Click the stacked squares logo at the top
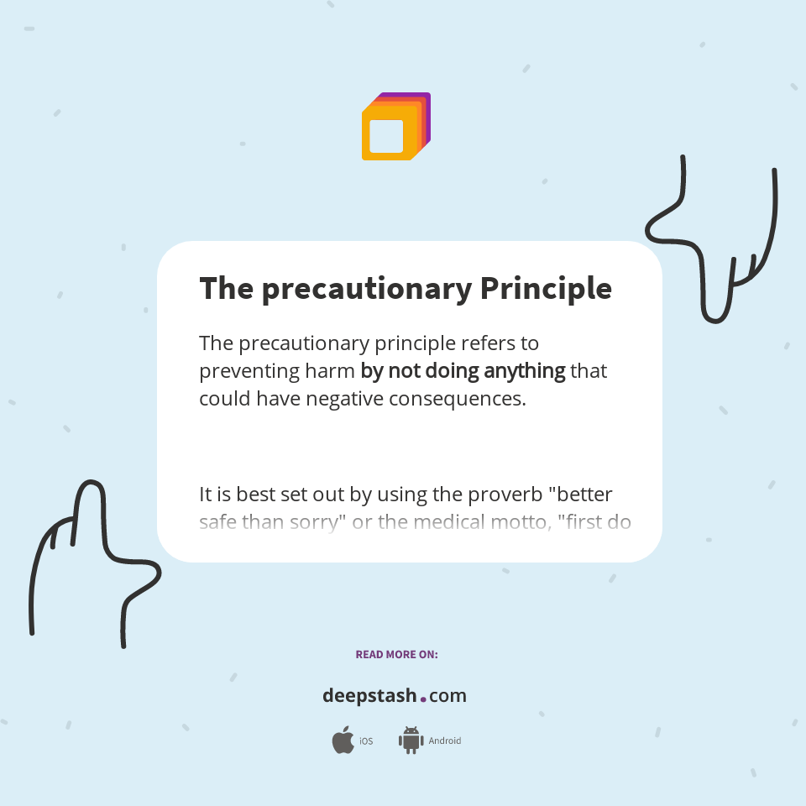(395, 127)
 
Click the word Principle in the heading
(546, 289)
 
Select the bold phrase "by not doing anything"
(463, 370)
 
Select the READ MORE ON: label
(396, 654)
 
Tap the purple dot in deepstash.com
(423, 698)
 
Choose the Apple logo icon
(343, 741)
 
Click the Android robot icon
(411, 741)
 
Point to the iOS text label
(366, 741)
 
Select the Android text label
(445, 741)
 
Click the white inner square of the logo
(386, 136)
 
